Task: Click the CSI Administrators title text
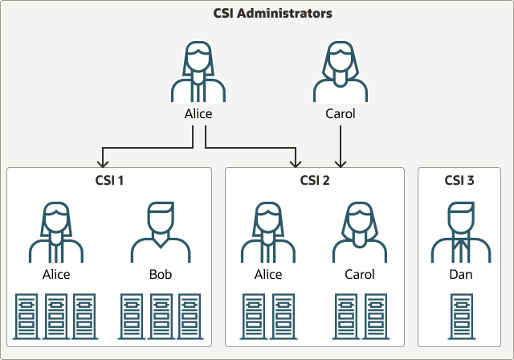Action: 257,14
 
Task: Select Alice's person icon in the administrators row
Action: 198,72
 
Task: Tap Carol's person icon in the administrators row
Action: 341,72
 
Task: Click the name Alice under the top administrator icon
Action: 198,113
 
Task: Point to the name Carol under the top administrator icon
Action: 341,113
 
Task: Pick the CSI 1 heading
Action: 109,180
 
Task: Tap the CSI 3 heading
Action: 459,180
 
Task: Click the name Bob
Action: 161,274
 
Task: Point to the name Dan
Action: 459,274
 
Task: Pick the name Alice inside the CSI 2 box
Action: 268,274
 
